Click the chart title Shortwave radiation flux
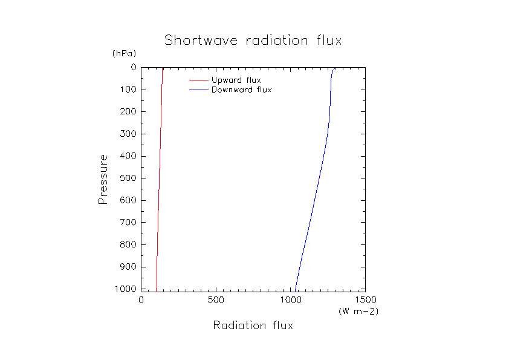pyautogui.click(x=253, y=41)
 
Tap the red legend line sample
pyautogui.click(x=199, y=80)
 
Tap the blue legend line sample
pyautogui.click(x=199, y=90)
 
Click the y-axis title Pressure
pyautogui.click(x=103, y=179)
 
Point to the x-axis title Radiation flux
pyautogui.click(x=253, y=326)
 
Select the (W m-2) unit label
pyautogui.click(x=358, y=311)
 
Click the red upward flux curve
pyautogui.click(x=160, y=182)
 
